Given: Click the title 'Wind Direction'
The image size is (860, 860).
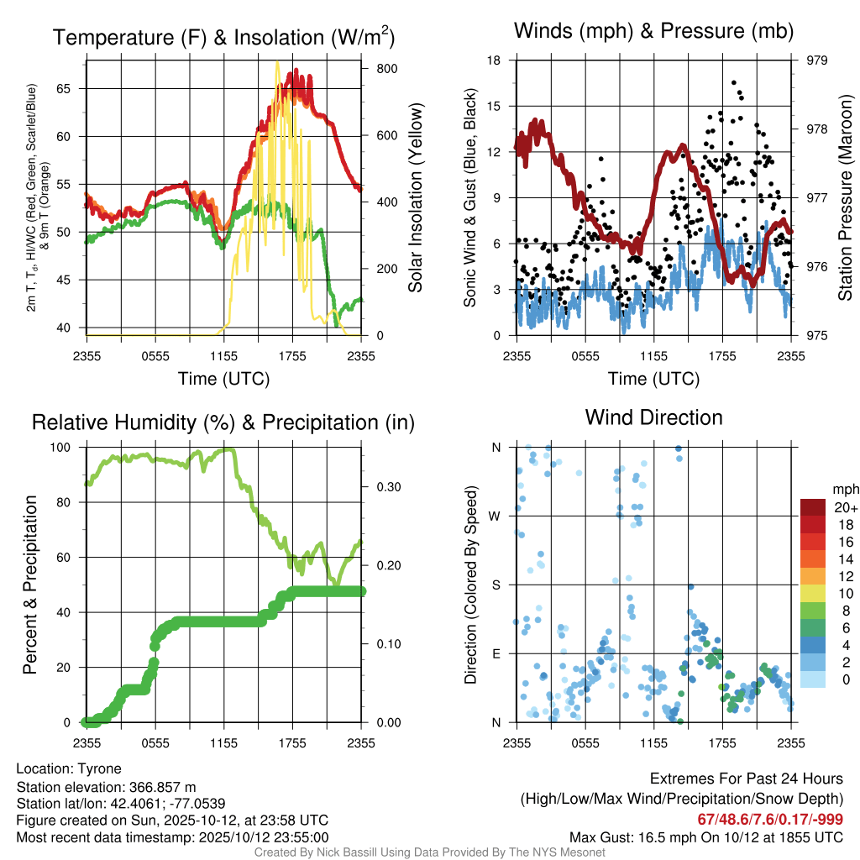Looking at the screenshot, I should point(653,417).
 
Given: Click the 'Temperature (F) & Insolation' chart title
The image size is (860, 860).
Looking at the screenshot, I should point(223,38).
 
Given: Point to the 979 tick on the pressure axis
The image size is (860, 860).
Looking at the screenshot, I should point(817,60).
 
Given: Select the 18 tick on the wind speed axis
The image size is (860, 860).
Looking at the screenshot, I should point(494,60).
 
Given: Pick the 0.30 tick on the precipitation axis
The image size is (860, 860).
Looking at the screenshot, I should point(386,487).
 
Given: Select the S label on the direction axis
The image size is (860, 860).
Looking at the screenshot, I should point(497,585).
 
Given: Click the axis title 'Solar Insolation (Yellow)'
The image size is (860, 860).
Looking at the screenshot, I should point(416,198).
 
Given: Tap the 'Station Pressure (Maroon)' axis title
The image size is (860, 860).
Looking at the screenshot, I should point(846,198).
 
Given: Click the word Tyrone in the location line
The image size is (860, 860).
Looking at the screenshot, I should point(99,768).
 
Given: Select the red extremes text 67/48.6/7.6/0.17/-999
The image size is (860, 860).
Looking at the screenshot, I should point(769,819).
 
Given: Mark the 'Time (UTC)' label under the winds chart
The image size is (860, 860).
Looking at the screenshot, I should point(653,379).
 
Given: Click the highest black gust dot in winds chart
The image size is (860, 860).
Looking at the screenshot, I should point(734,82).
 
